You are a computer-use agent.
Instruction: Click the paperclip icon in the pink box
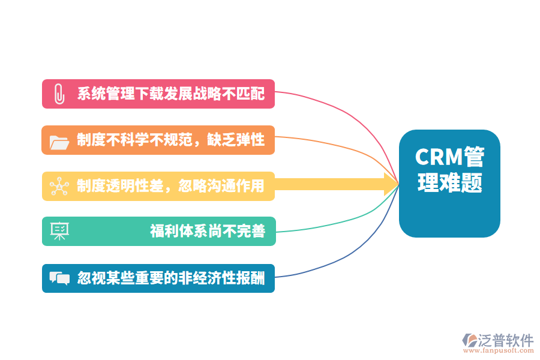(59, 94)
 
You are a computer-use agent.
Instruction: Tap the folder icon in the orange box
(59, 141)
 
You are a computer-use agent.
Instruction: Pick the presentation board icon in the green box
(59, 231)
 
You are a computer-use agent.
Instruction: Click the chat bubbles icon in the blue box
(59, 278)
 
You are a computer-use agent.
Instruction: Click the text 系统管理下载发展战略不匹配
(170, 94)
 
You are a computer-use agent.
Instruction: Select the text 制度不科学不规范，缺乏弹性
(170, 140)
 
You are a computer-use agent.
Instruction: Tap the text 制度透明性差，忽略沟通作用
(170, 186)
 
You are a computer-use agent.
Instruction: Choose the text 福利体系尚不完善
(207, 231)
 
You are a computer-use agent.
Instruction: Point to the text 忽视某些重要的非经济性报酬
(170, 278)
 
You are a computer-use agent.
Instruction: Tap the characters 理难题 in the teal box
(450, 183)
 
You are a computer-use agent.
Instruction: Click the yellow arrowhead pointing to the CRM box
(391, 184)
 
